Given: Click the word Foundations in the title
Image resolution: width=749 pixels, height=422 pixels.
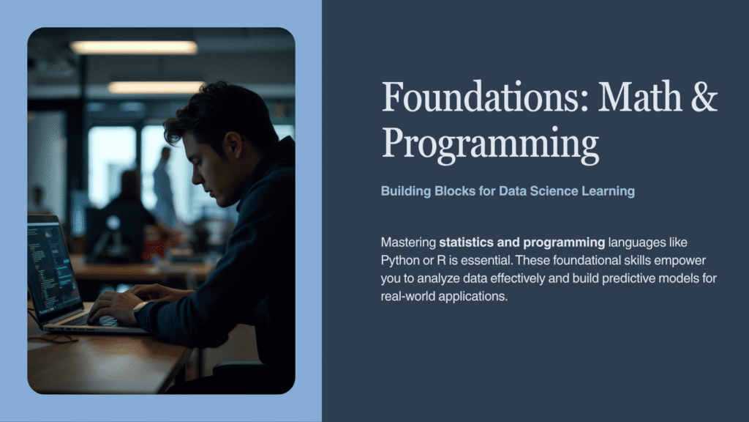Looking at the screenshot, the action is pyautogui.click(x=485, y=97).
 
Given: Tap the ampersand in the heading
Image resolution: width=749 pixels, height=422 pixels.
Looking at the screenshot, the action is pyautogui.click(x=704, y=97).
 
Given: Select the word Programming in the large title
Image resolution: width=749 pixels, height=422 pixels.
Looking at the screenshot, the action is pyautogui.click(x=490, y=144).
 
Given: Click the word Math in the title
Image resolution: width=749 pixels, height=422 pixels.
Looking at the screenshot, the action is pyautogui.click(x=640, y=97).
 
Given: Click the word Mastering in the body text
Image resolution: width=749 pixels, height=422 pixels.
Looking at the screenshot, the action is pyautogui.click(x=408, y=243).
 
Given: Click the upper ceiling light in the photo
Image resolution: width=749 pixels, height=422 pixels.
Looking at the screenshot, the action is pyautogui.click(x=133, y=47).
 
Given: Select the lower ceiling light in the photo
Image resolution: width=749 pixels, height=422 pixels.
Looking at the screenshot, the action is pyautogui.click(x=157, y=87).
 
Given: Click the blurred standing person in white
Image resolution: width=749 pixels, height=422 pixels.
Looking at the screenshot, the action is pyautogui.click(x=164, y=187).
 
